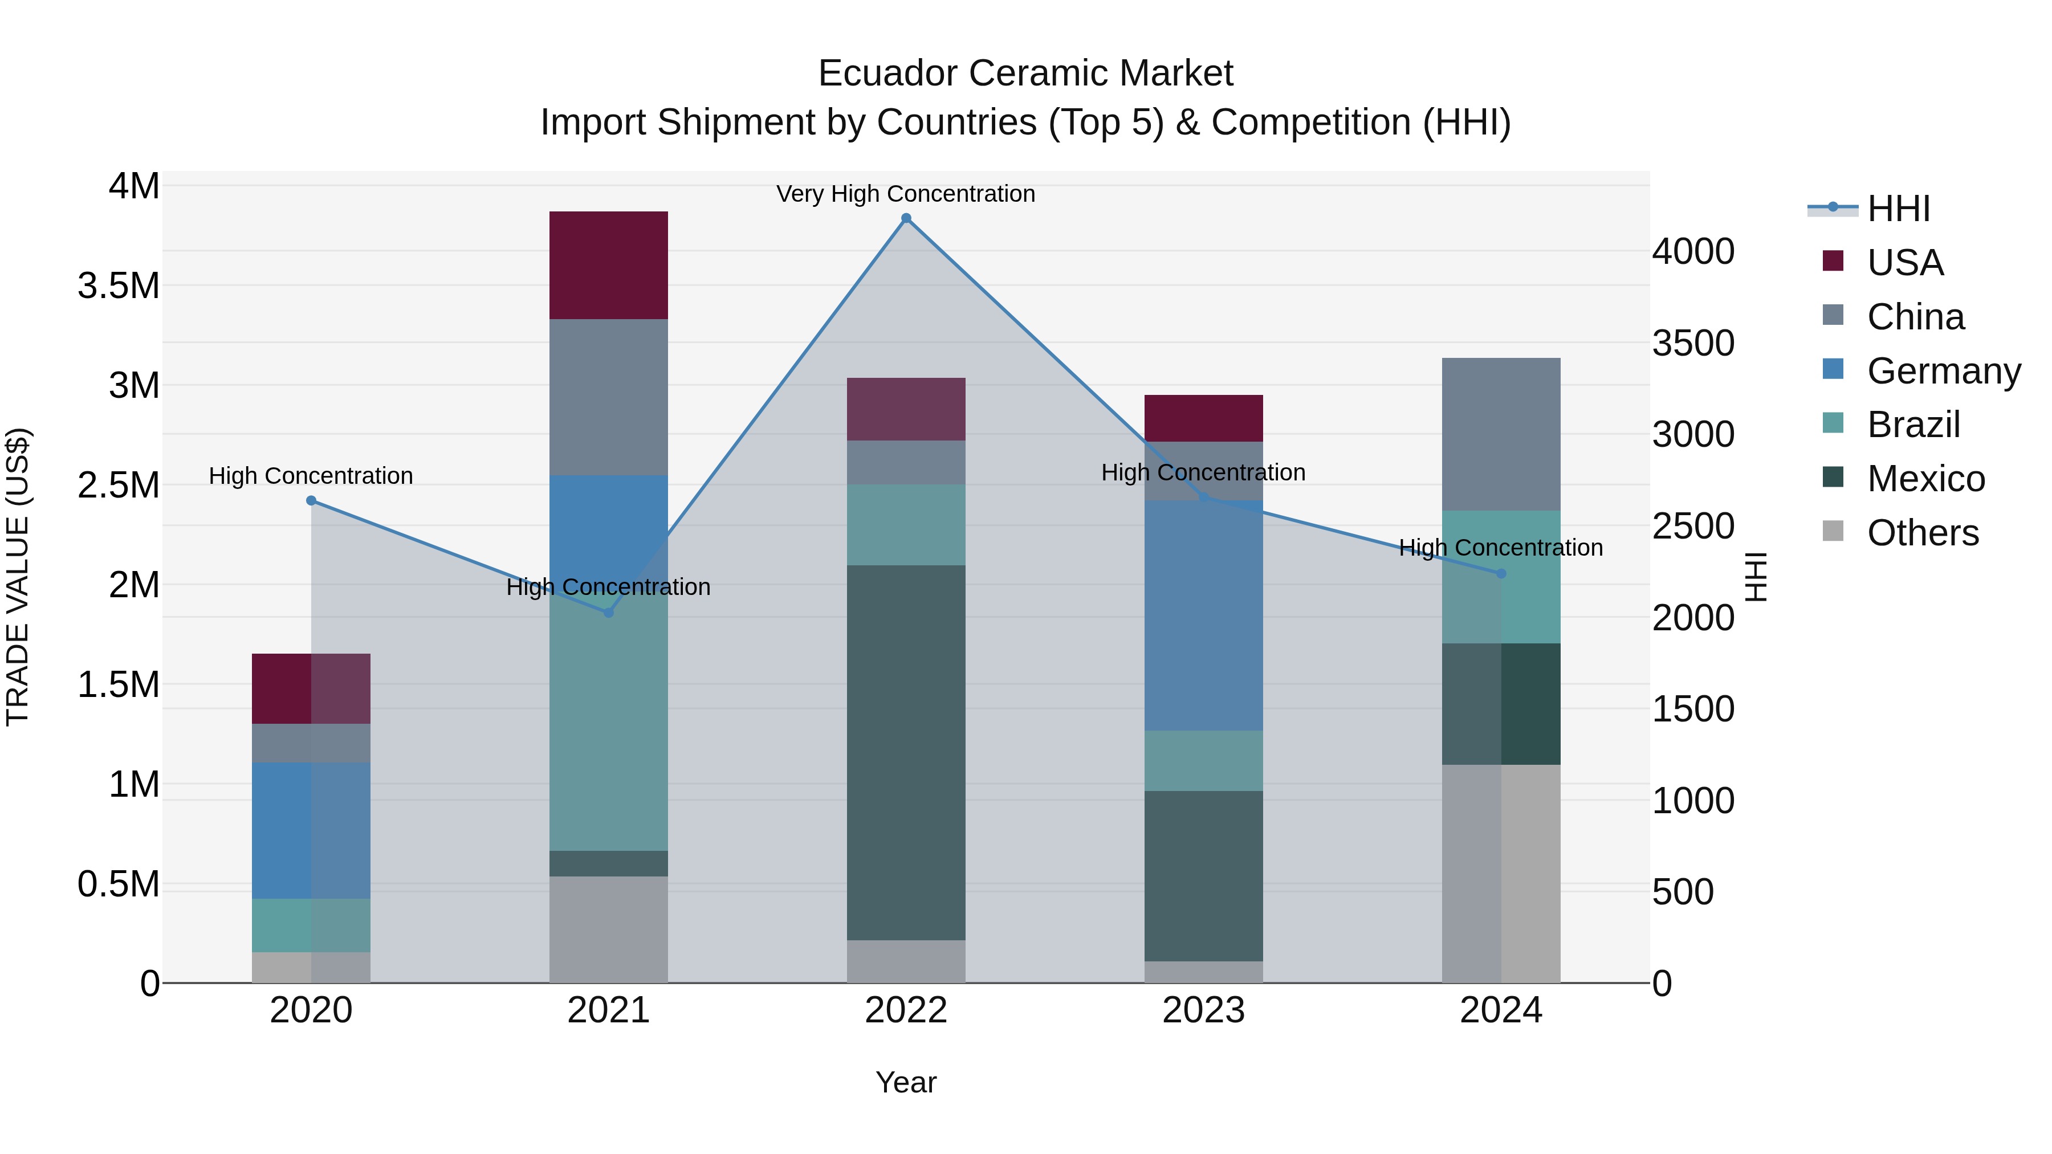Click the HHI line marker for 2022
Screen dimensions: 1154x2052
click(906, 218)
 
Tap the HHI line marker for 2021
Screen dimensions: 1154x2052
click(609, 613)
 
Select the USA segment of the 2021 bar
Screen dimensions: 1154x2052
click(609, 265)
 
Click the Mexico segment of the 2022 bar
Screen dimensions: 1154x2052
click(906, 753)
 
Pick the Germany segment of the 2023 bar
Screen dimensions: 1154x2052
click(1204, 615)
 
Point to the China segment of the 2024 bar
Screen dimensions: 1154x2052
click(1501, 434)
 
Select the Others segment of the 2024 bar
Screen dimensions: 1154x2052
click(1501, 874)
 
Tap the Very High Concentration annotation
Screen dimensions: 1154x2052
click(906, 194)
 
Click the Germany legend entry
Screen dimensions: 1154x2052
click(1943, 371)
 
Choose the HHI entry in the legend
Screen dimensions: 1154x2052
click(1898, 209)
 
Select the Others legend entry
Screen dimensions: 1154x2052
click(1922, 533)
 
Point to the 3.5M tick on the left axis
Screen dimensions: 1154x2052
click(119, 286)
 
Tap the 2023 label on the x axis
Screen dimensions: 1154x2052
click(1204, 1010)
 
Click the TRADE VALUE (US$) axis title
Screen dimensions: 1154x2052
click(18, 577)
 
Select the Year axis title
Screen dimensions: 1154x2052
click(906, 1082)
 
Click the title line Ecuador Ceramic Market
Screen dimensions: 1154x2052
click(1025, 74)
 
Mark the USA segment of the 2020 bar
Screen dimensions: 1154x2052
click(311, 689)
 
